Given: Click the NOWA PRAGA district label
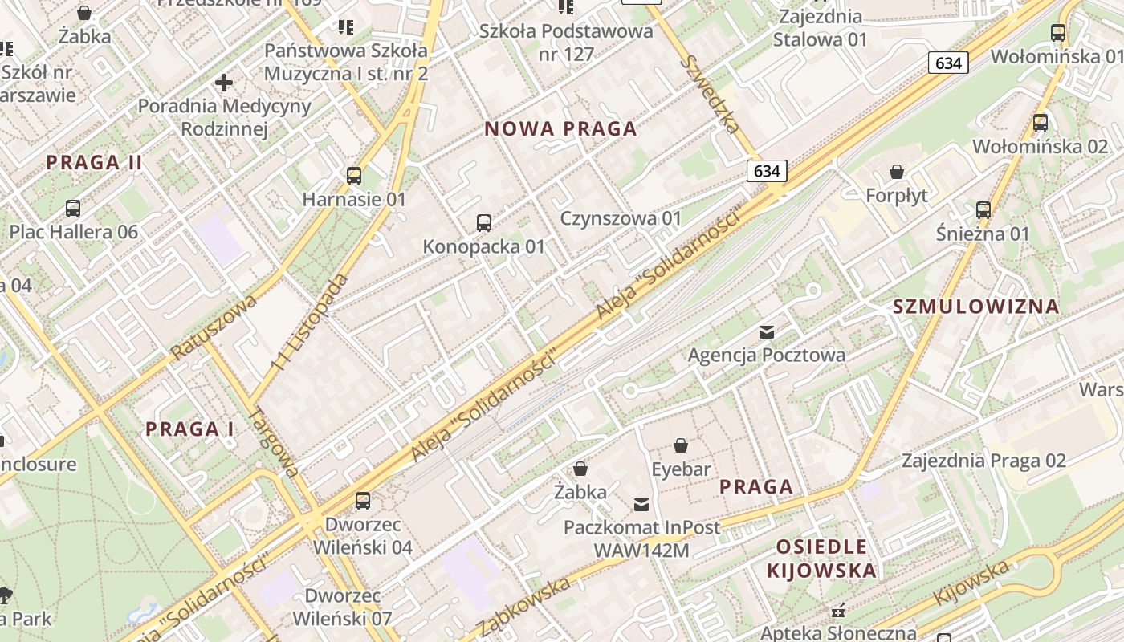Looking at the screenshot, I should [x=560, y=129].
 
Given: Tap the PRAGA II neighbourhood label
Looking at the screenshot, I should [x=94, y=163].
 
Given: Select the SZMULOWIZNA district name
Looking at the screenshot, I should [x=976, y=307].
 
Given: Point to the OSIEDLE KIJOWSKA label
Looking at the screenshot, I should [x=821, y=559].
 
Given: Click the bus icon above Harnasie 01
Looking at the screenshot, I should [x=354, y=175].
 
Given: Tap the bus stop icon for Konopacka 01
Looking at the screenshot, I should [x=483, y=223].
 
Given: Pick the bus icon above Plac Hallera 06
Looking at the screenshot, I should [x=73, y=209].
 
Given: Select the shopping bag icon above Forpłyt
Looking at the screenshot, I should [x=897, y=172].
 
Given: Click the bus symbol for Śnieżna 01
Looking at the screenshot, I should [x=983, y=210].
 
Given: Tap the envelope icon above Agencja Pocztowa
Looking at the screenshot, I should [x=767, y=331].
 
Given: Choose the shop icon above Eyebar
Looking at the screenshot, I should [x=681, y=445].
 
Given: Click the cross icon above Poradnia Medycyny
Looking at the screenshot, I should [x=224, y=82].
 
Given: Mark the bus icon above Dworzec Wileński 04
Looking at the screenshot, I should [x=363, y=501].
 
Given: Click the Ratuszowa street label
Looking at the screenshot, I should [x=214, y=327].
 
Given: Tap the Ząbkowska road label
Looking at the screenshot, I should [x=526, y=606].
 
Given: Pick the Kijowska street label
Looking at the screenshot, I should [x=972, y=583].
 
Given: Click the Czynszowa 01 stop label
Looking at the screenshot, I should [x=621, y=218].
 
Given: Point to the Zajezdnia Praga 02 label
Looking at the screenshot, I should [x=983, y=461].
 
